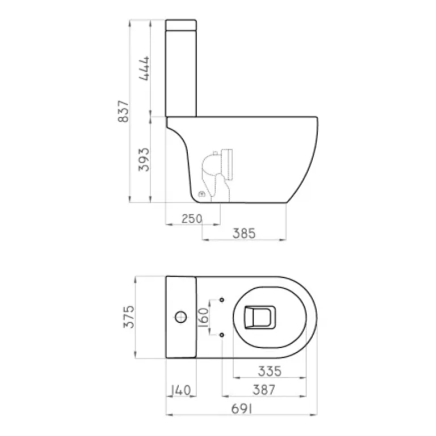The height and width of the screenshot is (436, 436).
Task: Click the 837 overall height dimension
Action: pyautogui.click(x=123, y=111)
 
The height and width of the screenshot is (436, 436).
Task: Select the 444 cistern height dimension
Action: pyautogui.click(x=144, y=69)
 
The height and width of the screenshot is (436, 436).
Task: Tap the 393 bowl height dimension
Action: pyautogui.click(x=144, y=160)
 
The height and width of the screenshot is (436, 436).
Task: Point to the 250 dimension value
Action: pyautogui.click(x=192, y=219)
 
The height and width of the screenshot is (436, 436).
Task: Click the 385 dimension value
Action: pyautogui.click(x=244, y=233)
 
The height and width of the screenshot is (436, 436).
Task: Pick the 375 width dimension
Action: pyautogui.click(x=129, y=317)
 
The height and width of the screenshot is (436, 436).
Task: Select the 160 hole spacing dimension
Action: pyautogui.click(x=204, y=317)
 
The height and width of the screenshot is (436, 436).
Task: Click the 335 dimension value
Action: pyautogui.click(x=270, y=371)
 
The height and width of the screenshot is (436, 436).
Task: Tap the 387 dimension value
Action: pyautogui.click(x=264, y=390)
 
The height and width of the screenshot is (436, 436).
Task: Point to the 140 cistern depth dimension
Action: pyautogui.click(x=181, y=390)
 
